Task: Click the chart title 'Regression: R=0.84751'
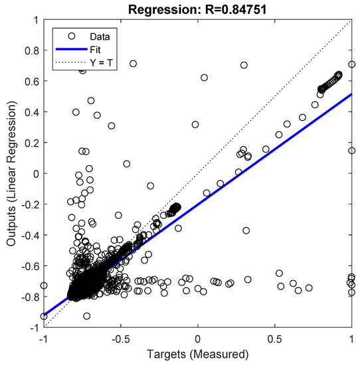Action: [197, 8]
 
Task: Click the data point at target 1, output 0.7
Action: [352, 65]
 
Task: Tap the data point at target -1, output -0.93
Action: [44, 317]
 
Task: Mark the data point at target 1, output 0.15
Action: [352, 151]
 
